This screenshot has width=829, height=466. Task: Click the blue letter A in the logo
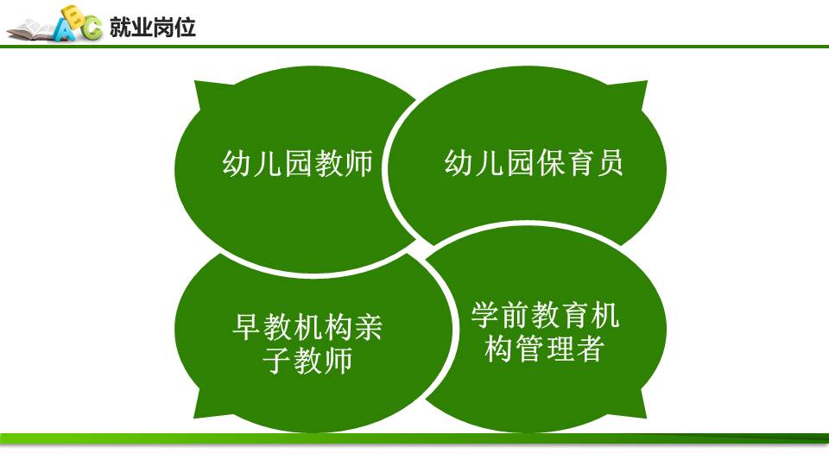65,31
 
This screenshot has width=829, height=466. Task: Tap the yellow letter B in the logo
73,15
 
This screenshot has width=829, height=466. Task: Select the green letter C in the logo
92,27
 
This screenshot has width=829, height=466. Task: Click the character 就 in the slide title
120,27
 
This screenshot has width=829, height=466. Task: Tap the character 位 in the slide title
185,27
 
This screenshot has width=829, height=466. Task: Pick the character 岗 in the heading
163,27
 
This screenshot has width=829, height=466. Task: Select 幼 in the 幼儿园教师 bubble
237,163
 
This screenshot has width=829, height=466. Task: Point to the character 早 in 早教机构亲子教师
246,327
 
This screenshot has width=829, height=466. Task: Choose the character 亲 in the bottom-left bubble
369,327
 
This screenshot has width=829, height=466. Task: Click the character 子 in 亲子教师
276,361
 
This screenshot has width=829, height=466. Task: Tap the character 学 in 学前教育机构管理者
485,316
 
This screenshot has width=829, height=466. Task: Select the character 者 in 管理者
589,349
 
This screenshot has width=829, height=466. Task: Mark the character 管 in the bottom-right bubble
529,349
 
